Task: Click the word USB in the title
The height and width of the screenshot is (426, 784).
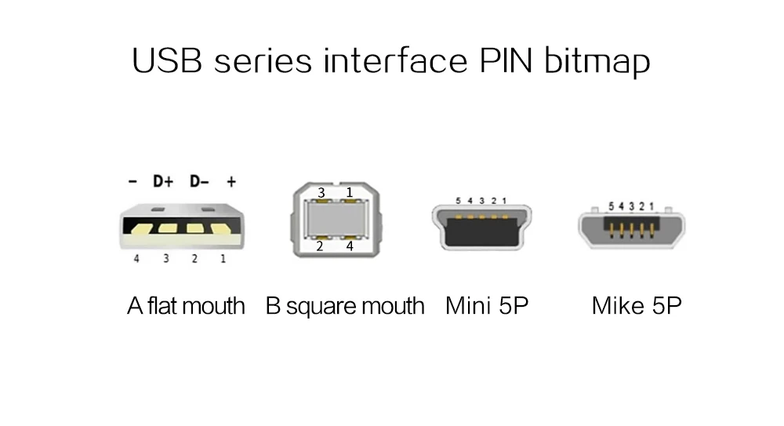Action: [x=169, y=60]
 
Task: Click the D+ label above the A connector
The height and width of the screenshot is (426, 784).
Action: [x=162, y=182]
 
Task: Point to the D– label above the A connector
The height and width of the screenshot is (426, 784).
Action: [x=199, y=182]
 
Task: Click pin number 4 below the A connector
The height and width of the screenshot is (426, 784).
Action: [x=136, y=258]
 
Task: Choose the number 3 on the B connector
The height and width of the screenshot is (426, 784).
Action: [x=321, y=193]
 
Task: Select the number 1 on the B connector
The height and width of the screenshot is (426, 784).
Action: [x=350, y=192]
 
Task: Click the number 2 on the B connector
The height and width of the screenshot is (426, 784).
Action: [x=320, y=246]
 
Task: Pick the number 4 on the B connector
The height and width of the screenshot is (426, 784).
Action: [x=350, y=246]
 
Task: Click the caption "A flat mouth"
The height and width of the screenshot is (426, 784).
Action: [x=186, y=305]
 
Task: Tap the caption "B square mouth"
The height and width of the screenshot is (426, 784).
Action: [x=345, y=305]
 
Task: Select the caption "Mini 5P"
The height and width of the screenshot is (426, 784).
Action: [x=487, y=305]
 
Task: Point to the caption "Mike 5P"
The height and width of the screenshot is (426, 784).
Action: [x=637, y=305]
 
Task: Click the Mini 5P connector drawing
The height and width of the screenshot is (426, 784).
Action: [x=481, y=227]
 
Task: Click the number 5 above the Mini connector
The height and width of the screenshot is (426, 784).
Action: [x=458, y=201]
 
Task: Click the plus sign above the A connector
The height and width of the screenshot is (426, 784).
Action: [x=231, y=182]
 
